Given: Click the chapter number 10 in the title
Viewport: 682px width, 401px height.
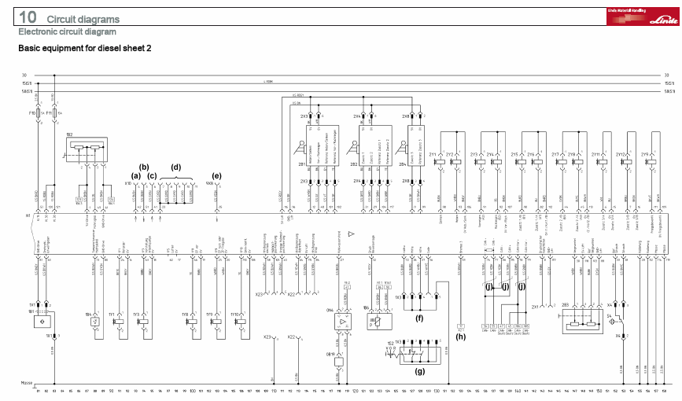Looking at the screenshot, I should (x=28, y=17).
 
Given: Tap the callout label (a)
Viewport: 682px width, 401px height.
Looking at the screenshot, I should (x=136, y=176).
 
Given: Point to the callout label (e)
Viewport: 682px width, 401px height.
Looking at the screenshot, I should (x=216, y=176).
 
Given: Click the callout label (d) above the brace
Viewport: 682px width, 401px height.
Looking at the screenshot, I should (x=176, y=167).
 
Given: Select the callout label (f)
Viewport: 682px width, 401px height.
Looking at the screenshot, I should (x=419, y=319).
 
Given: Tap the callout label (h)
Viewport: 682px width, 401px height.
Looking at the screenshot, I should (x=459, y=339).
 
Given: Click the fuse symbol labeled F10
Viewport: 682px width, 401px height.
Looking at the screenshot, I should (x=37, y=113).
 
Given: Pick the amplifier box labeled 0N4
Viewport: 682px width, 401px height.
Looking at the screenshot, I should (x=340, y=322).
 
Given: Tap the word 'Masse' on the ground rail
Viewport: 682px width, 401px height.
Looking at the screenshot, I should (x=27, y=383).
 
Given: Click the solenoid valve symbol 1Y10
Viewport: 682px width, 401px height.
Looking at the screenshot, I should (x=234, y=322).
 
